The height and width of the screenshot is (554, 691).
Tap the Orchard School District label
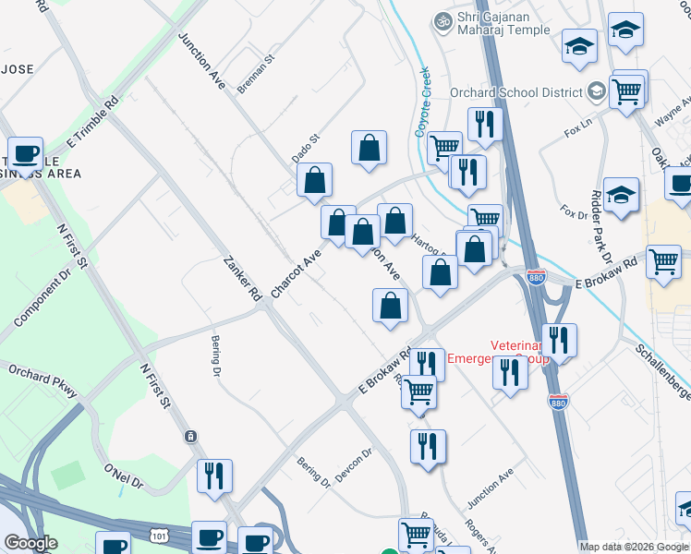[x=515, y=92]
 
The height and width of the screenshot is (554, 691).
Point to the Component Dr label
[x=42, y=299]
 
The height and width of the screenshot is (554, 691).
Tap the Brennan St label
[x=257, y=71]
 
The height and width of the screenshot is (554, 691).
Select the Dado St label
[x=306, y=148]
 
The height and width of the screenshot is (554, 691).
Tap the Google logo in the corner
[x=30, y=543]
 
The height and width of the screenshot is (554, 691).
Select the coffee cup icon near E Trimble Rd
[x=26, y=153]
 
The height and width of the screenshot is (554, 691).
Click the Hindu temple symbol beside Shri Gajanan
[x=443, y=19]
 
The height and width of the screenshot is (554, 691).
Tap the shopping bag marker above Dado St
[x=369, y=147]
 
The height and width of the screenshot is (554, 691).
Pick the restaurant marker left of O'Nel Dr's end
[x=214, y=476]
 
